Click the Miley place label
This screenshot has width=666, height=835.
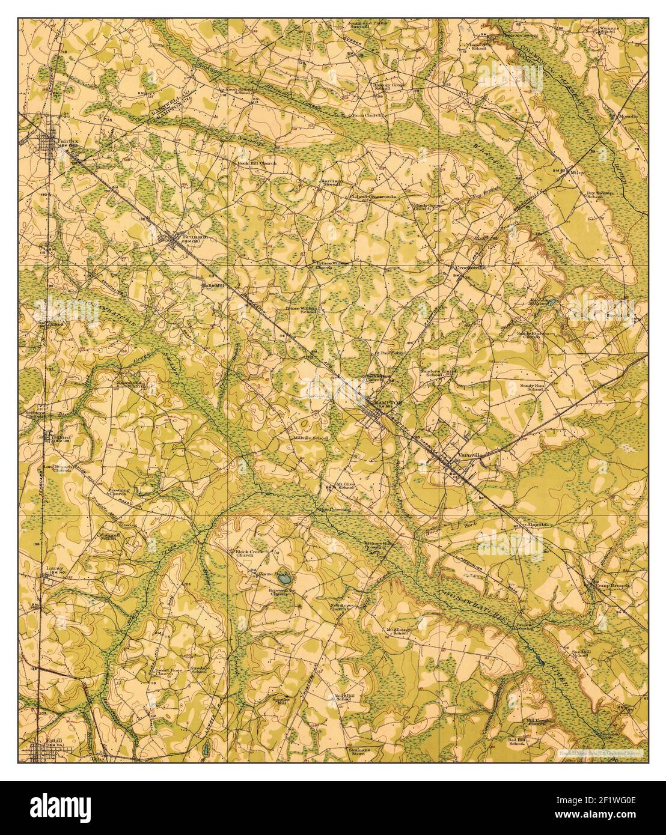click(x=578, y=171)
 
